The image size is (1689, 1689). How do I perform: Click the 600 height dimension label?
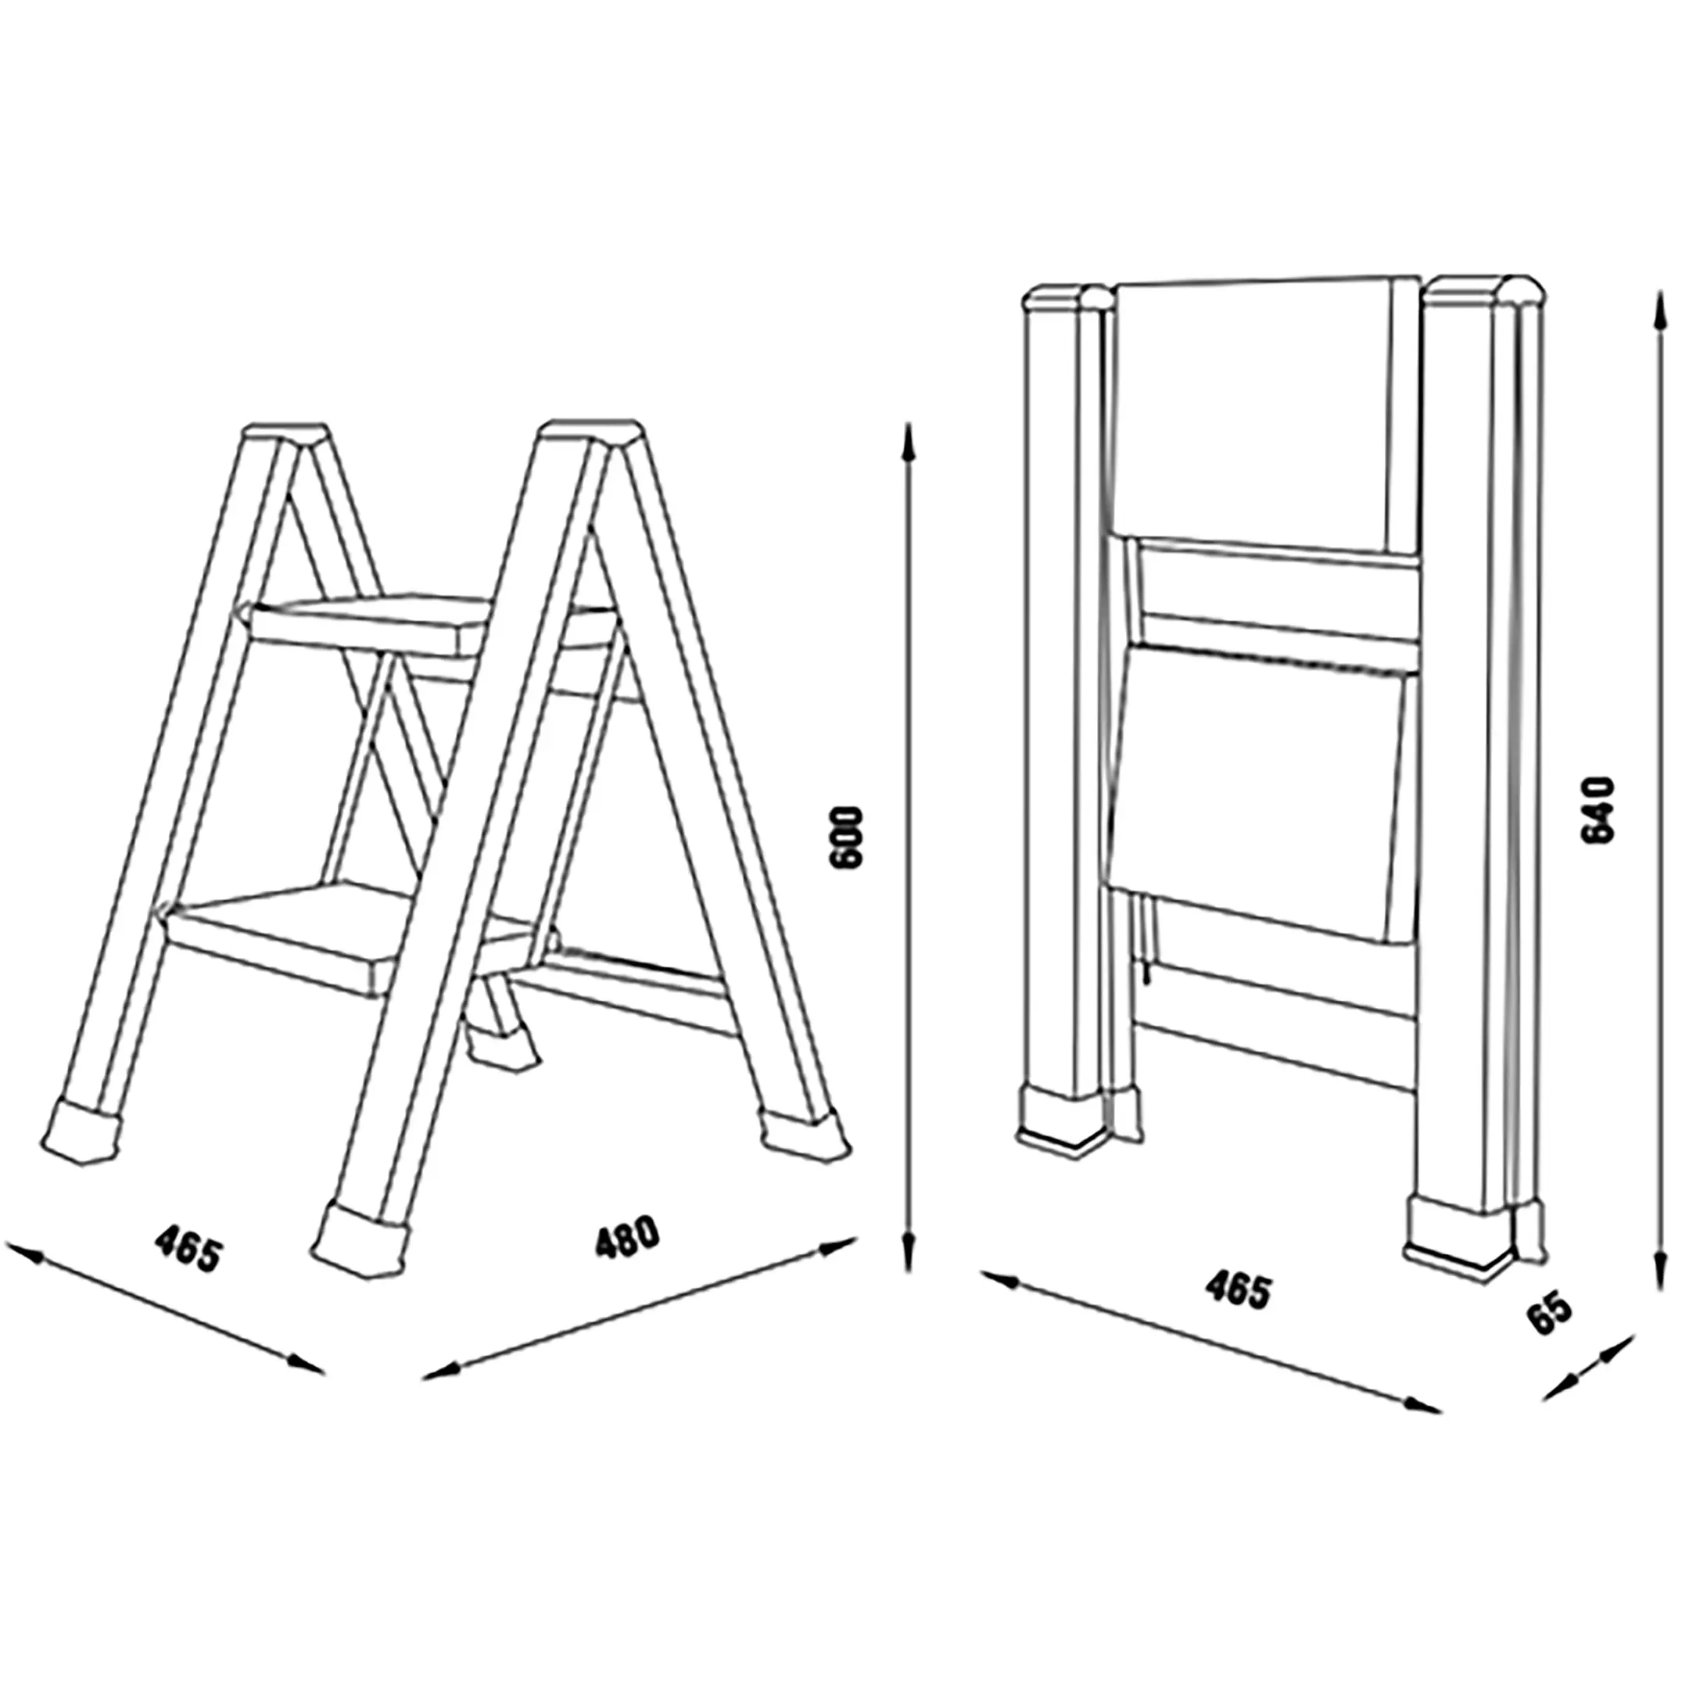tap(847, 837)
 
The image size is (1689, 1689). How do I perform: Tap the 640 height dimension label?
tap(1599, 809)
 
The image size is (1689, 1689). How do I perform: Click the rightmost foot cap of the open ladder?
tap(805, 1133)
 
